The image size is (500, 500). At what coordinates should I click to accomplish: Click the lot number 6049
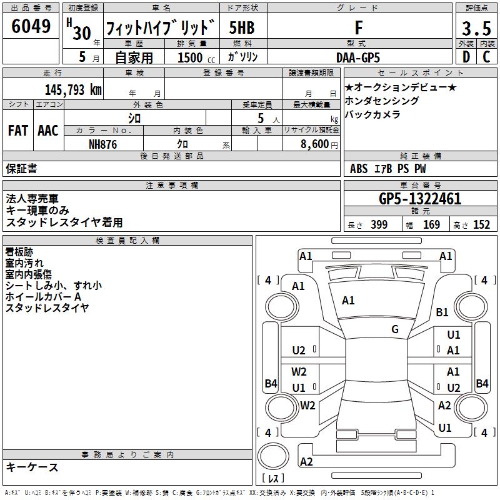(31, 27)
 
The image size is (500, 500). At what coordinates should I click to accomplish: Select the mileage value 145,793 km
(73, 90)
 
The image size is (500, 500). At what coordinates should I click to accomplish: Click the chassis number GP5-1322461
(420, 199)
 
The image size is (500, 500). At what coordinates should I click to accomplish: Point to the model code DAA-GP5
(357, 57)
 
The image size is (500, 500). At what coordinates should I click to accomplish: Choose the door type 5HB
(242, 28)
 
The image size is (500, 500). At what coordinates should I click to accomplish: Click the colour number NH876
(103, 143)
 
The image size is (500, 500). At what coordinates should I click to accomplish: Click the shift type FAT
(17, 131)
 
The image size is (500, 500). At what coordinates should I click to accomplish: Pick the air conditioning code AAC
(47, 131)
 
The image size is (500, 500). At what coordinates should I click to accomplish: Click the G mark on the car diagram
(395, 329)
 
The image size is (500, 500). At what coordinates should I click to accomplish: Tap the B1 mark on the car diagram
(442, 312)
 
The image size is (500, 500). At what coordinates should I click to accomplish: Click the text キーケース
(32, 467)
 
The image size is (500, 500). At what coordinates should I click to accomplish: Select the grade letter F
(358, 28)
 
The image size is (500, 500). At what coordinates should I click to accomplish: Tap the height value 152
(481, 225)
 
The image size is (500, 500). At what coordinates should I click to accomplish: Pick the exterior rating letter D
(466, 57)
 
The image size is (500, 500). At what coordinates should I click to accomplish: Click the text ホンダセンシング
(382, 101)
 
